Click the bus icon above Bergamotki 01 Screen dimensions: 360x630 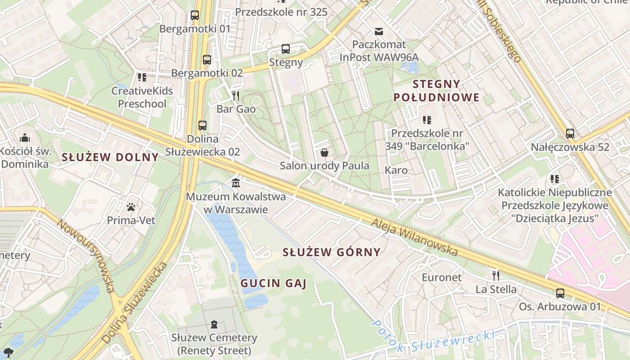pyautogui.click(x=194, y=15)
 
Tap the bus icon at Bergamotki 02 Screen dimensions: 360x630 pyautogui.click(x=207, y=59)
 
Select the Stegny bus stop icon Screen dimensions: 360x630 pyautogui.click(x=285, y=49)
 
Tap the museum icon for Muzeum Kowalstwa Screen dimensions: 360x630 pyautogui.click(x=235, y=183)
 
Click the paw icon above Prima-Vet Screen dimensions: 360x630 pyautogui.click(x=131, y=207)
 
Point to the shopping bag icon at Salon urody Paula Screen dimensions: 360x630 pyautogui.click(x=324, y=152)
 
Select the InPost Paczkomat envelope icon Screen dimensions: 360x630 pyautogui.click(x=379, y=31)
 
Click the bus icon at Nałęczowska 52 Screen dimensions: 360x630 pyautogui.click(x=570, y=134)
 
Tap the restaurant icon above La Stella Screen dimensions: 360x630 pyautogui.click(x=495, y=275)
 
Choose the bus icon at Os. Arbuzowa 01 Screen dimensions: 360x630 pyautogui.click(x=560, y=293)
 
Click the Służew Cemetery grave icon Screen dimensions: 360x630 pyautogui.click(x=214, y=324)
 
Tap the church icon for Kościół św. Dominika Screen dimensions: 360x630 pyautogui.click(x=25, y=137)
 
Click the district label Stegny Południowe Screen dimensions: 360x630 pyautogui.click(x=436, y=90)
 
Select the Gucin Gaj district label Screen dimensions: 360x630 pyautogui.click(x=273, y=283)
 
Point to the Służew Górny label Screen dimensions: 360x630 pyautogui.click(x=331, y=252)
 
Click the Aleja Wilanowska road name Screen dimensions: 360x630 pyautogui.click(x=414, y=237)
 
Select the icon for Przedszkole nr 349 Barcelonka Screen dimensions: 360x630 pyautogui.click(x=427, y=120)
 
